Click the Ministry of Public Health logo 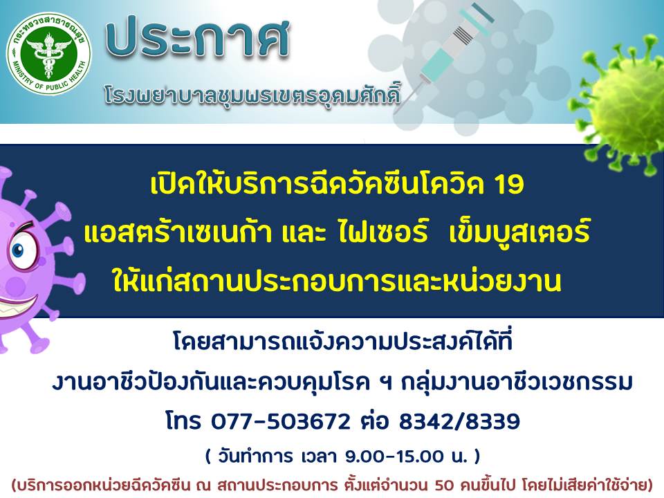point(48,53)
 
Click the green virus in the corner point(622,102)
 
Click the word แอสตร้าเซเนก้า point(178,232)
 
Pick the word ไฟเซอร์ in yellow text point(383,232)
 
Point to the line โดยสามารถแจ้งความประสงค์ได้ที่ point(343,342)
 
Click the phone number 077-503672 point(281,422)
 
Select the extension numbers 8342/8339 point(459,422)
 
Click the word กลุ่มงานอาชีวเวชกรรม point(517,382)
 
